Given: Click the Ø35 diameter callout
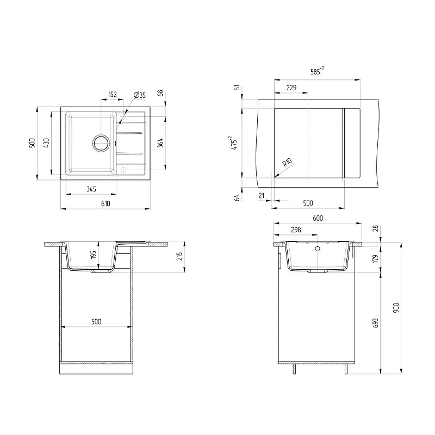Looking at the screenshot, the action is click(x=140, y=95).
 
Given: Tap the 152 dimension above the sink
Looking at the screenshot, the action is click(x=113, y=94).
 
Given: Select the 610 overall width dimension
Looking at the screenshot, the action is click(x=105, y=203).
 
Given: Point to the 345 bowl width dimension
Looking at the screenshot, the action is click(x=91, y=189).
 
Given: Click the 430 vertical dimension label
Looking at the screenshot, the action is click(x=47, y=143).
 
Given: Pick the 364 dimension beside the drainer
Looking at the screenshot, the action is click(x=160, y=143).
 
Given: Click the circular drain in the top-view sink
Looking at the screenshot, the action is click(x=101, y=143).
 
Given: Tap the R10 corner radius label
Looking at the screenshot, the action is click(x=288, y=162).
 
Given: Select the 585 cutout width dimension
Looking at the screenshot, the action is click(x=317, y=71).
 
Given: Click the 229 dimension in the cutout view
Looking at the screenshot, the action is click(x=291, y=88).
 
